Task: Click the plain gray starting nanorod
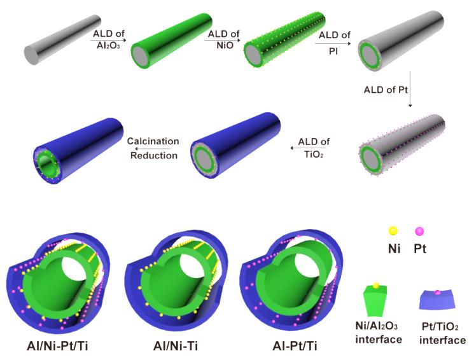(62, 39)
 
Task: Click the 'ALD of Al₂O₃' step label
(109, 39)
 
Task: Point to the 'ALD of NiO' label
(224, 39)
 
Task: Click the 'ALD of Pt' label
(386, 90)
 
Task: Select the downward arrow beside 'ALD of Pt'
(410, 89)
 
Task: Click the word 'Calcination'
(153, 141)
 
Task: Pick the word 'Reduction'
(154, 155)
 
